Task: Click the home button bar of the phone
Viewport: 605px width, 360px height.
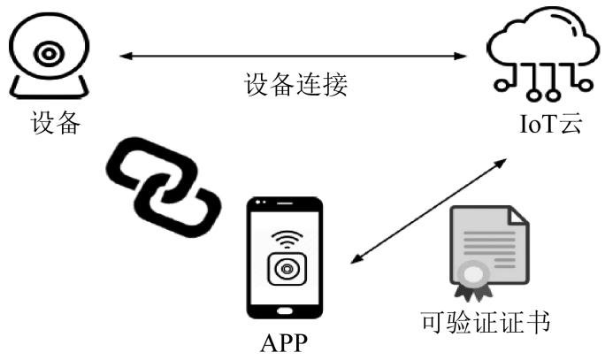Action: point(284,310)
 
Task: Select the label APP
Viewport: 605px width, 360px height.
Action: point(285,341)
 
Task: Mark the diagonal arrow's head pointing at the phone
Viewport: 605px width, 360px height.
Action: point(356,260)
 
